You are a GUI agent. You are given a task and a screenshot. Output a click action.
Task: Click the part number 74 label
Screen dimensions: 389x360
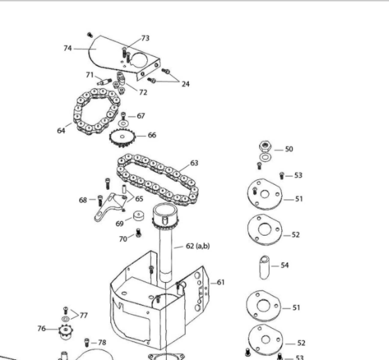68,48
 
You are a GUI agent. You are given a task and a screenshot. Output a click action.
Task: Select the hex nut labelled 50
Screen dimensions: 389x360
265,146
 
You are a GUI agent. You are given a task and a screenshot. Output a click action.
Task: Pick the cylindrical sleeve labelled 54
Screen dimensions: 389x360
265,268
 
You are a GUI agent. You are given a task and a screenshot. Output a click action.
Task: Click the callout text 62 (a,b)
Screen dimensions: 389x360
198,246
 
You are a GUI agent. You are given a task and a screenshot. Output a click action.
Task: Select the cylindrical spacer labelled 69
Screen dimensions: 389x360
139,215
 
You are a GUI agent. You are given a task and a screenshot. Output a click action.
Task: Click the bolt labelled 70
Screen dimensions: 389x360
138,233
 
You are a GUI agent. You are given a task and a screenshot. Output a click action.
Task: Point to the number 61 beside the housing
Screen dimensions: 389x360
221,282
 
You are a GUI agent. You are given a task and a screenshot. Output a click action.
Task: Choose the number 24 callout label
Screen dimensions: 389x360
185,84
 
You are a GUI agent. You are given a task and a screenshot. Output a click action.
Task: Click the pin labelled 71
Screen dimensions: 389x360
104,82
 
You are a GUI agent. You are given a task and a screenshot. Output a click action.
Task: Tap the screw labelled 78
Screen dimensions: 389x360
87,343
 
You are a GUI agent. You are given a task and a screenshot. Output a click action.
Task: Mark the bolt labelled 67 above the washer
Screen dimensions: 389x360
124,116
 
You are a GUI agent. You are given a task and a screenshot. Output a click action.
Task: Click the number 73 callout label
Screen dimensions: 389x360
145,38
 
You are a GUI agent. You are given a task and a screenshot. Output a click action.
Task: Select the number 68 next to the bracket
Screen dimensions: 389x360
83,200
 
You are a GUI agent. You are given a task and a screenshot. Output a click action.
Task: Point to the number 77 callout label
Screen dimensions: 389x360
83,316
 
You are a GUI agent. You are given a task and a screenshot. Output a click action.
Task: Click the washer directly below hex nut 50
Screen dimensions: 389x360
265,157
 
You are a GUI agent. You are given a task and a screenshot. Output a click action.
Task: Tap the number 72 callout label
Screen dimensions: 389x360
143,92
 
